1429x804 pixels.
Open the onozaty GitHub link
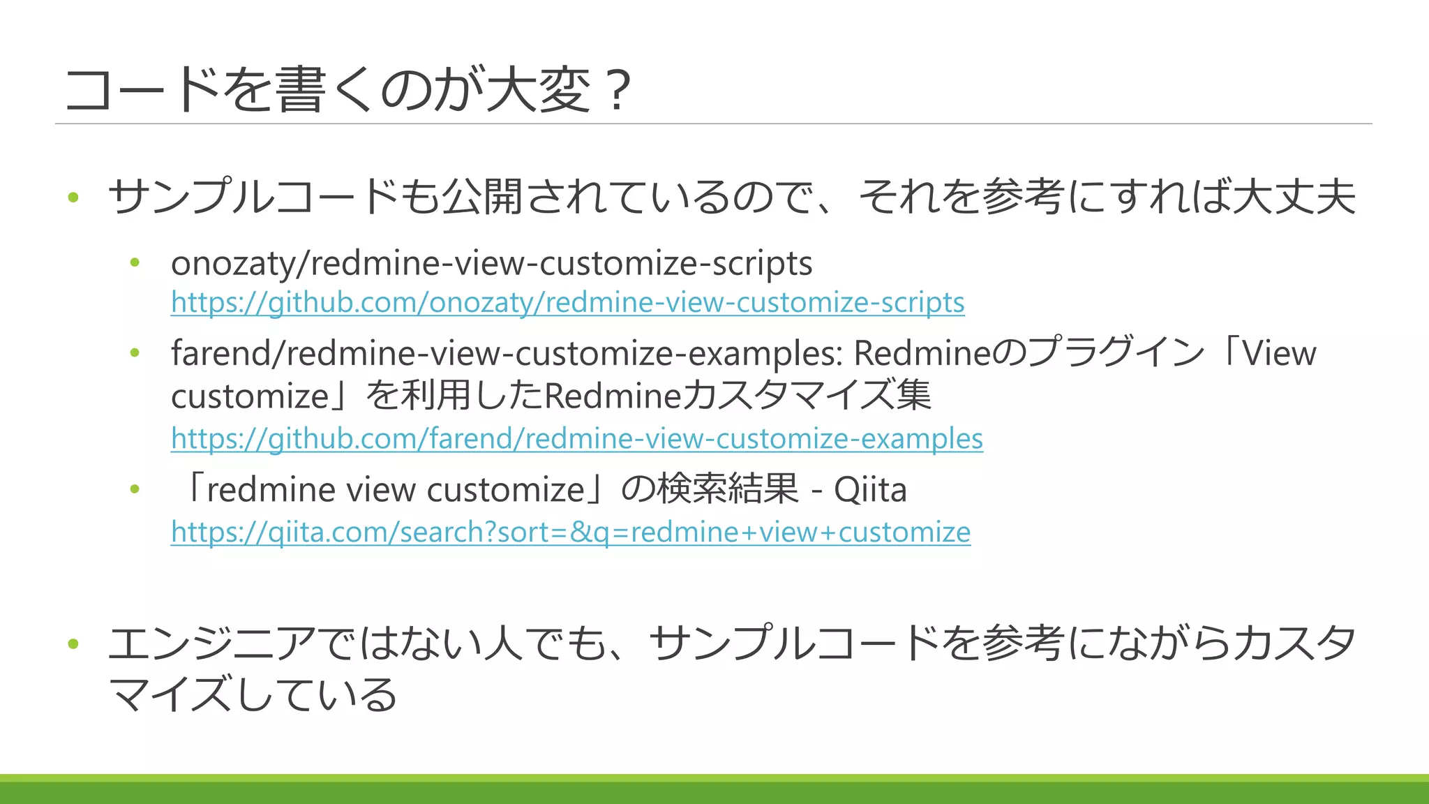567,302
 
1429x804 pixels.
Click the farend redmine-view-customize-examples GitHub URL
576,438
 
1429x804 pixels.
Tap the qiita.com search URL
570,532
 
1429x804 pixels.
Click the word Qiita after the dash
870,489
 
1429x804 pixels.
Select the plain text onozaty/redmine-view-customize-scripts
491,264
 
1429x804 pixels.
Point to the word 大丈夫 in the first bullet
1294,197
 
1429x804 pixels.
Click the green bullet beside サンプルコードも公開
73,198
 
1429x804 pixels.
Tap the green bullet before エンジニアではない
73,643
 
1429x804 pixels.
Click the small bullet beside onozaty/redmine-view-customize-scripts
135,263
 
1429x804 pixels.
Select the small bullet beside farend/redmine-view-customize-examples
135,352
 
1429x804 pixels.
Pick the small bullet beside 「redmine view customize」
135,489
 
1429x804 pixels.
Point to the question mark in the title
617,91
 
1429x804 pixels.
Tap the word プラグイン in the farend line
1116,352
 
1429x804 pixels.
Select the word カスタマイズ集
806,396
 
